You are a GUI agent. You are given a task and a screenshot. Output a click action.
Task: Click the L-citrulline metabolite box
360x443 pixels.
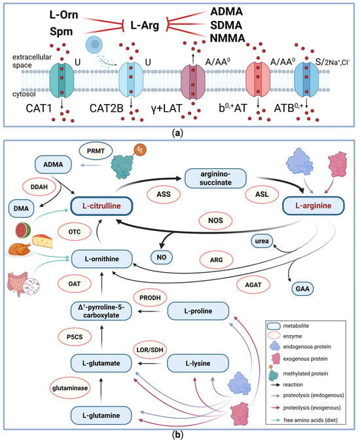(x=101, y=206)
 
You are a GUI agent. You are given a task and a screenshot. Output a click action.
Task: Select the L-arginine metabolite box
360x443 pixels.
(x=314, y=205)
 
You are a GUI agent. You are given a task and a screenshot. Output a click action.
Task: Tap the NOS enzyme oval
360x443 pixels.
(x=215, y=221)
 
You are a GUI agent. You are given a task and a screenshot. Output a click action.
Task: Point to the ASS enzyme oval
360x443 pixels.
(x=164, y=194)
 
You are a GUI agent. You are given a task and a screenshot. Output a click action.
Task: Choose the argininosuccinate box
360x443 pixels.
(x=215, y=178)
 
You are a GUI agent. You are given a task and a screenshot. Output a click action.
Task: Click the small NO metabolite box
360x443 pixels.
(x=162, y=257)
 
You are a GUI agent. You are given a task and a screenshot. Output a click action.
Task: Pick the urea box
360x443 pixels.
(x=262, y=241)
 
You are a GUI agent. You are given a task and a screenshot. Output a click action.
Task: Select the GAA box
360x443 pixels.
(x=302, y=289)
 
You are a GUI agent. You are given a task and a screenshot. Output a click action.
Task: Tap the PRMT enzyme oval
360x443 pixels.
(x=96, y=151)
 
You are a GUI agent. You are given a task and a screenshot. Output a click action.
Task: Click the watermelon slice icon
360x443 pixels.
(x=23, y=230)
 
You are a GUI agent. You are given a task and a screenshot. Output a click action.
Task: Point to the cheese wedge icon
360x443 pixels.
(x=43, y=241)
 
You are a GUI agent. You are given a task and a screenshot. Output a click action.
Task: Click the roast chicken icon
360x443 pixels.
(x=20, y=249)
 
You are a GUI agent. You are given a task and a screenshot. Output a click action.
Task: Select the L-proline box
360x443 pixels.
(x=198, y=311)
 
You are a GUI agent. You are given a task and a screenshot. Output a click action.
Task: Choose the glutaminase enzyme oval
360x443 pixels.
(x=70, y=388)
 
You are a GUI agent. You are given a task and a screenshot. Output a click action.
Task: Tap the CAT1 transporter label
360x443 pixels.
(x=39, y=108)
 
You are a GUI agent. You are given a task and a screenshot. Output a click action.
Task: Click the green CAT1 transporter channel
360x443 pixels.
(x=62, y=77)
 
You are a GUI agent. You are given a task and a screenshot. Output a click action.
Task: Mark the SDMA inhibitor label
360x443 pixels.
(x=226, y=25)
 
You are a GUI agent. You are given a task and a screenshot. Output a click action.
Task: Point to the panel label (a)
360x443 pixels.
(x=177, y=133)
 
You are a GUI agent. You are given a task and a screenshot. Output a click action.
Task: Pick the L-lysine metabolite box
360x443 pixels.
(x=198, y=363)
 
